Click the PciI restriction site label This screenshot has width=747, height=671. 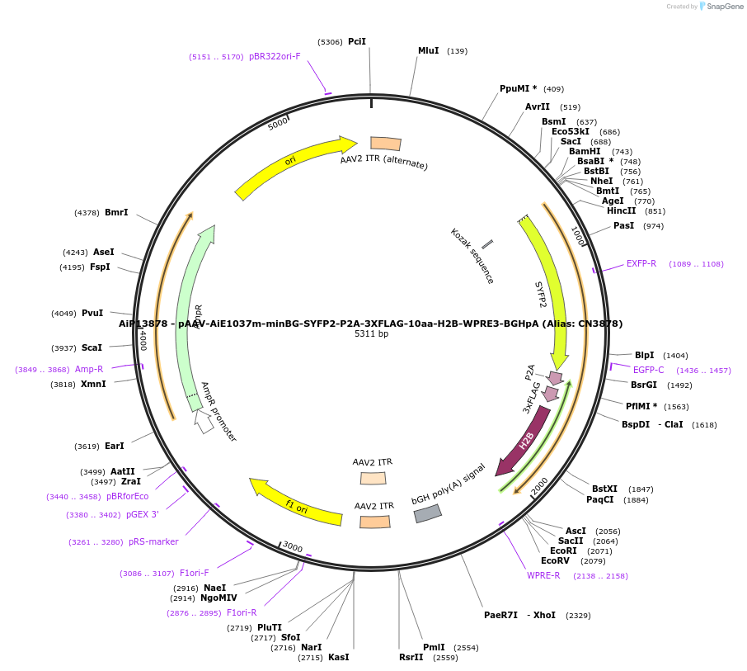356,41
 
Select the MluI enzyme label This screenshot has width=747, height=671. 428,50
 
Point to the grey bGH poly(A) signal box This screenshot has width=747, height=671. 427,513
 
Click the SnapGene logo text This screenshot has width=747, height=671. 724,7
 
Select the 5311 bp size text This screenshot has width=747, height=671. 371,334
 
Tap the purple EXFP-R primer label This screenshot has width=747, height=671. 641,263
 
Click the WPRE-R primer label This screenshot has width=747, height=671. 543,575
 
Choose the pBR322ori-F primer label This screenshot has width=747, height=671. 275,56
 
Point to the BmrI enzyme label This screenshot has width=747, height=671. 116,212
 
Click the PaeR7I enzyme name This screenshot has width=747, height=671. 500,615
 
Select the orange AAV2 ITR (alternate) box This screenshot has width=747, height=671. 386,144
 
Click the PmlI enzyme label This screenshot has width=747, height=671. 434,647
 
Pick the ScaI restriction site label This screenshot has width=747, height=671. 92,347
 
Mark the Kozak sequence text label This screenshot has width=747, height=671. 472,256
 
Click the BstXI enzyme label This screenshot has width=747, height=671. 604,489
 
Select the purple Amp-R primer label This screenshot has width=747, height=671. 89,369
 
